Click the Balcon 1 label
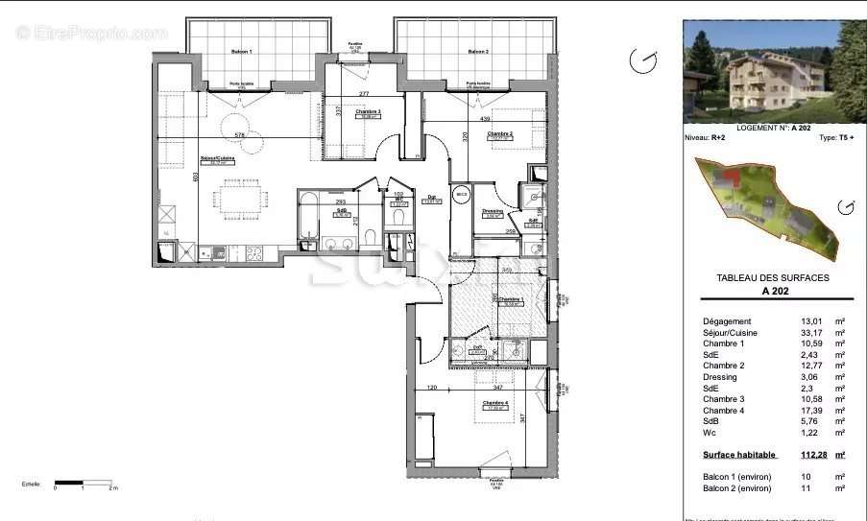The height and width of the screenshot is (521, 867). [240, 51]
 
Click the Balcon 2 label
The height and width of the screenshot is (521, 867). [478, 51]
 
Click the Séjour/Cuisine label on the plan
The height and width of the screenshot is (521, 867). [218, 159]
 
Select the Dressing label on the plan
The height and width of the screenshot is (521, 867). [494, 212]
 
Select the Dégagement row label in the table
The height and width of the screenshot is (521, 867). [728, 321]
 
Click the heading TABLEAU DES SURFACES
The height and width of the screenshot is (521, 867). [773, 277]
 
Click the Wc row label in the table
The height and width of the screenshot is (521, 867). [709, 433]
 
